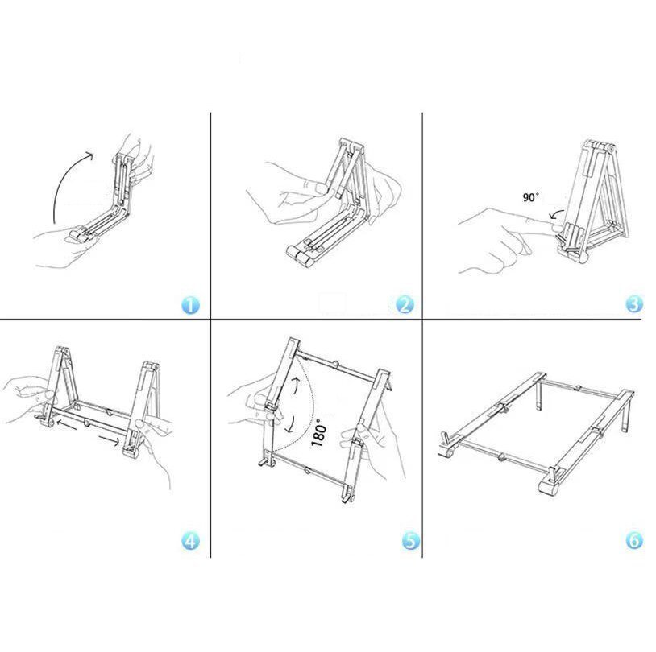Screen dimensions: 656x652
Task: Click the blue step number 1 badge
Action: pyautogui.click(x=190, y=305)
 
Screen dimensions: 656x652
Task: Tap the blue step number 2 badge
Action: pyautogui.click(x=405, y=305)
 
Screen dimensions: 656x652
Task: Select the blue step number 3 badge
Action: pyautogui.click(x=633, y=303)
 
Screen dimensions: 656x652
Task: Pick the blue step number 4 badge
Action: pyautogui.click(x=190, y=541)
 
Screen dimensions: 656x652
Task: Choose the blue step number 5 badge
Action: pyautogui.click(x=411, y=540)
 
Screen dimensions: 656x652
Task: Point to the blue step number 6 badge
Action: pyautogui.click(x=634, y=540)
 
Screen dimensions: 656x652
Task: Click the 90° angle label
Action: pyautogui.click(x=530, y=197)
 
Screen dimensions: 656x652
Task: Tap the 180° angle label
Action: pyautogui.click(x=319, y=432)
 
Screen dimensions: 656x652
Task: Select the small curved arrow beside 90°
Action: pyautogui.click(x=555, y=213)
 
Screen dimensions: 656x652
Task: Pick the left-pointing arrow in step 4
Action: pyautogui.click(x=66, y=424)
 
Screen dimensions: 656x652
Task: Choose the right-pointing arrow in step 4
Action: pyautogui.click(x=110, y=440)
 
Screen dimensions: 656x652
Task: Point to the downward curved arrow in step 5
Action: pyautogui.click(x=289, y=425)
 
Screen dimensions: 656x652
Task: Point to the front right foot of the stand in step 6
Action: pyautogui.click(x=551, y=485)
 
